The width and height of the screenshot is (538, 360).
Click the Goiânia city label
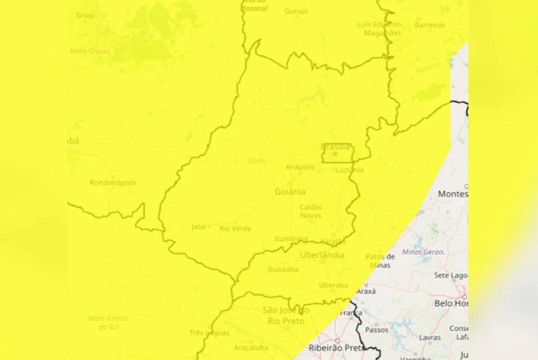point(290,192)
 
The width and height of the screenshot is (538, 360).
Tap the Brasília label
point(335,147)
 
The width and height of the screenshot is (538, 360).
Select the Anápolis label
point(300,167)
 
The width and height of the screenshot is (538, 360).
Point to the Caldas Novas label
point(311,211)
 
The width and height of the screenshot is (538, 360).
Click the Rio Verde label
point(235,229)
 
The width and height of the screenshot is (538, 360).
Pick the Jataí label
point(200,226)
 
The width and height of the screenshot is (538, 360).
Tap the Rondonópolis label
point(113,183)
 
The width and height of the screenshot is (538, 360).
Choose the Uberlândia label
point(322,255)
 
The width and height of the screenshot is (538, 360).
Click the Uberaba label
point(333,285)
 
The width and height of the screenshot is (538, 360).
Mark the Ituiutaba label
point(283,269)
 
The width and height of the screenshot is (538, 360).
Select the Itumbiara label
point(291,239)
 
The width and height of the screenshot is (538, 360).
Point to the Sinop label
point(85,15)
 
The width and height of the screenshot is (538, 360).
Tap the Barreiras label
point(430,25)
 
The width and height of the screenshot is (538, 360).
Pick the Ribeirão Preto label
point(337,347)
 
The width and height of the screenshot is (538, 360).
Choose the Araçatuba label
point(252,347)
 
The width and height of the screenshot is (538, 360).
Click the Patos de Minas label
point(380,261)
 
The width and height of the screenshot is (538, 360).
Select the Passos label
point(377,329)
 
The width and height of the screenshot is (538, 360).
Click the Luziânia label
point(349,170)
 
